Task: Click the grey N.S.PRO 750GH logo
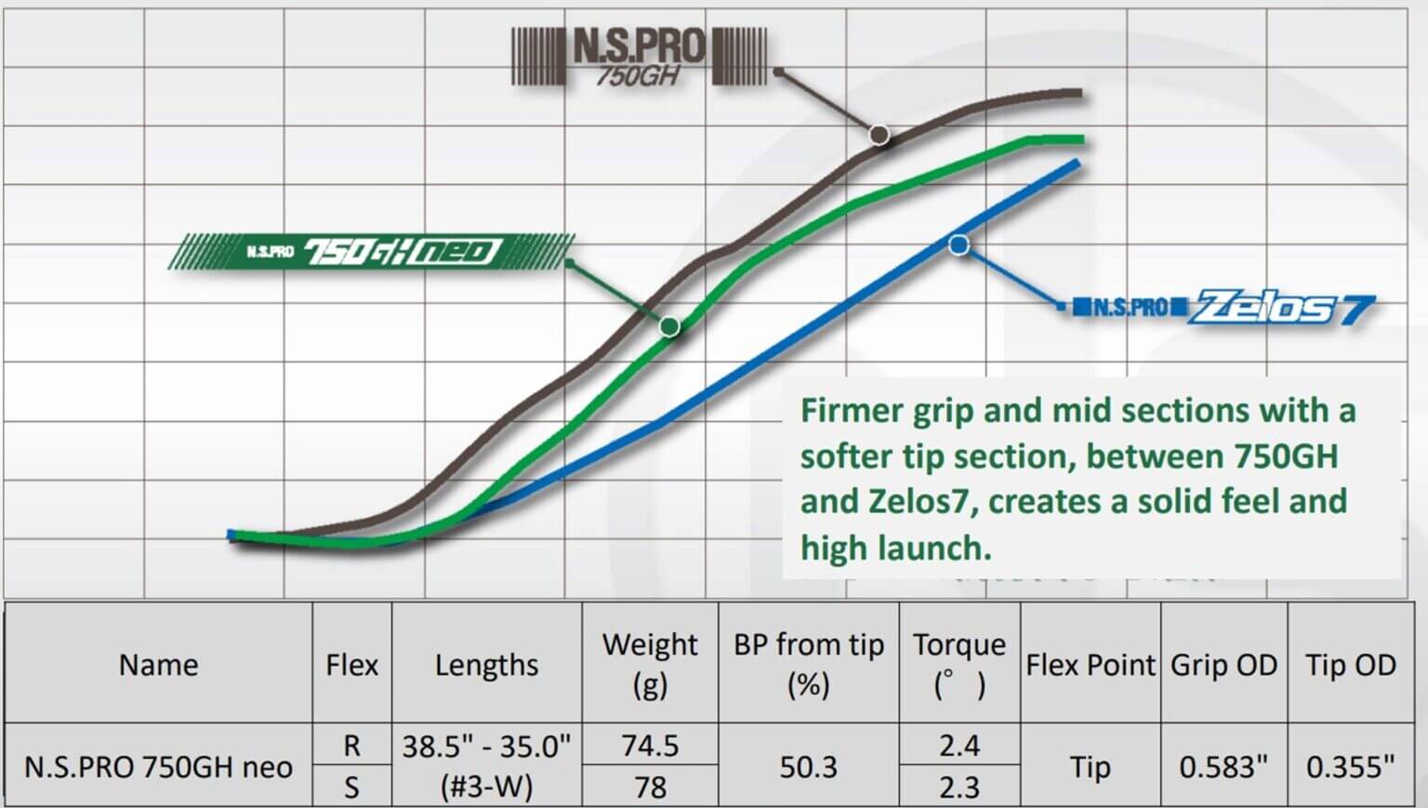point(640,57)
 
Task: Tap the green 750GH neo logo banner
point(372,251)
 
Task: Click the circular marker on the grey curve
point(879,135)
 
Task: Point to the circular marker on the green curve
point(669,326)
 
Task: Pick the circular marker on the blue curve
point(959,245)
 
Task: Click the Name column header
point(158,665)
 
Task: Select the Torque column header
point(959,664)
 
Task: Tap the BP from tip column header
point(808,664)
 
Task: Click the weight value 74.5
point(650,746)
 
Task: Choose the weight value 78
point(650,788)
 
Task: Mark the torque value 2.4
point(959,746)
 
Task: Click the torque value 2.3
point(959,788)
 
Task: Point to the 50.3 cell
point(808,767)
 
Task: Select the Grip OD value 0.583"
point(1223,767)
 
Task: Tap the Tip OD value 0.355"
point(1350,767)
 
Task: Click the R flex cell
point(351,746)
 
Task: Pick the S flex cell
point(351,788)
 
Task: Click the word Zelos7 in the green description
point(919,502)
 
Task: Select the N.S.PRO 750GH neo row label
point(158,767)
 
